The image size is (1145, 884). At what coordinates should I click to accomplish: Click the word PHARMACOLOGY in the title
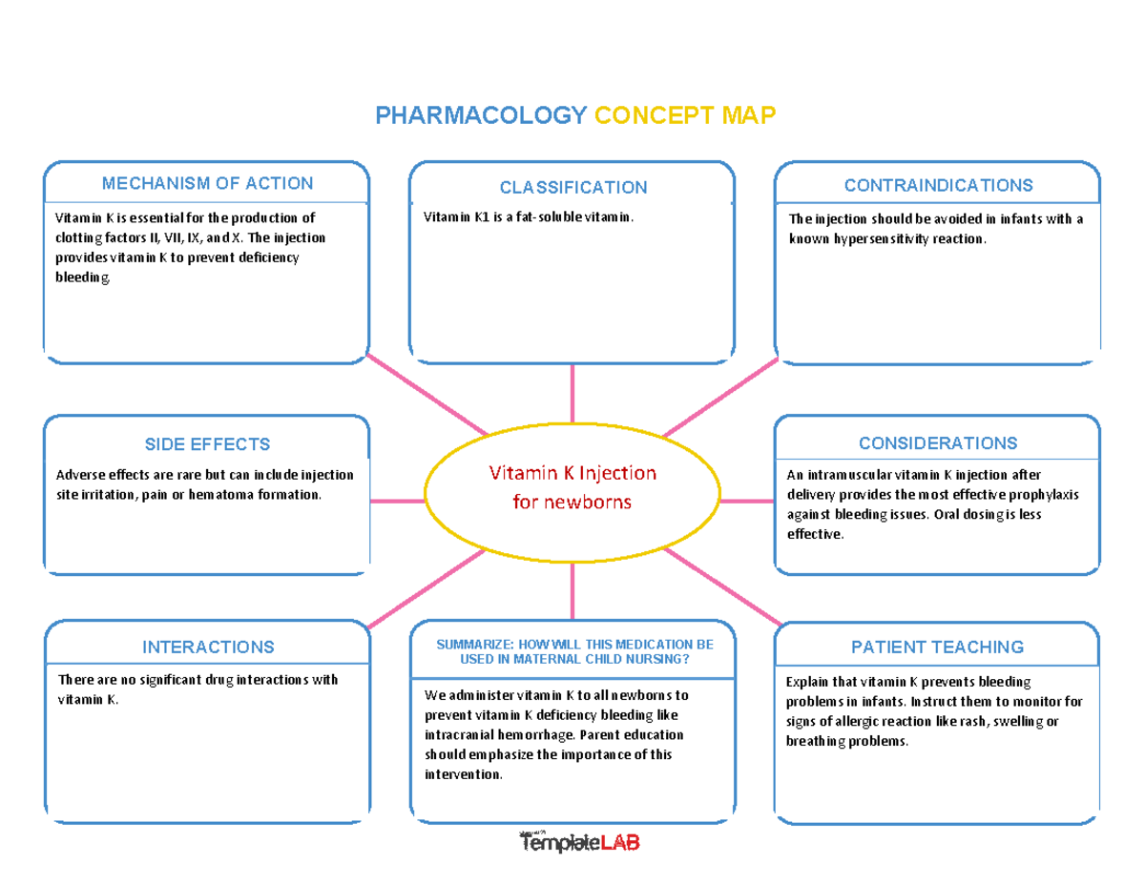pos(480,116)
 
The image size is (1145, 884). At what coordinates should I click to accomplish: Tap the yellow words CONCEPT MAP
pos(686,116)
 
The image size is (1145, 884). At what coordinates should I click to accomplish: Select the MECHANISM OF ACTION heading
pos(207,183)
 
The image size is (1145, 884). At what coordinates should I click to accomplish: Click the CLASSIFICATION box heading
pos(572,187)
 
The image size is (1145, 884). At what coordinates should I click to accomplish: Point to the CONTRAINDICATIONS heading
pos(938,184)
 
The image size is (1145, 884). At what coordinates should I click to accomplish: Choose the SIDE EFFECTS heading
pos(207,444)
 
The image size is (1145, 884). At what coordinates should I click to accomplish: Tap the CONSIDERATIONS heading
pos(938,443)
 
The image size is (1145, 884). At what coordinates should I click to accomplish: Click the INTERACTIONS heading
pos(207,648)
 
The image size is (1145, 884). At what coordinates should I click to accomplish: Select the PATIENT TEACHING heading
pos(938,648)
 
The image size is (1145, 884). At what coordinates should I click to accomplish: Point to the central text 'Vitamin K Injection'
pos(572,473)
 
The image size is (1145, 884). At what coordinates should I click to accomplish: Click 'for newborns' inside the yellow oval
pos(572,502)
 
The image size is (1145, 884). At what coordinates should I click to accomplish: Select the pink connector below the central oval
pos(572,591)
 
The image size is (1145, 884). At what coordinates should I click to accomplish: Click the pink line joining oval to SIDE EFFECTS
pos(397,501)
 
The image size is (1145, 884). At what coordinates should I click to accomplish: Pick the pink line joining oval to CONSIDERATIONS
pos(747,501)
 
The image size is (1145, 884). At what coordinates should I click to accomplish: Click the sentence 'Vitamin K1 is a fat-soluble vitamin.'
pos(528,217)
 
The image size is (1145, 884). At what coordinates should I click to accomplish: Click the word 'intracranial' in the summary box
pos(458,735)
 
